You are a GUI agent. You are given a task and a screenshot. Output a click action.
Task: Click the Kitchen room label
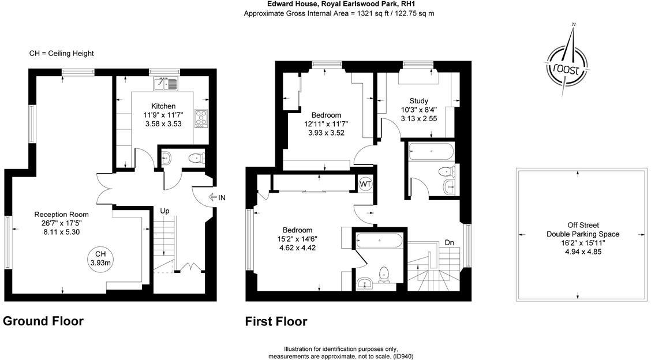point(163,106)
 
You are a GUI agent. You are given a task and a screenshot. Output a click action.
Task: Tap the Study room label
point(418,100)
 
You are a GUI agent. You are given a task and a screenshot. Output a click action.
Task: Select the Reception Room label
point(61,214)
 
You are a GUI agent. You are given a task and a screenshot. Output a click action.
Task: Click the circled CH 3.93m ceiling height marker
point(100,258)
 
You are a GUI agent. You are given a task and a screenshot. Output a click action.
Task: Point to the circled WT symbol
point(365,183)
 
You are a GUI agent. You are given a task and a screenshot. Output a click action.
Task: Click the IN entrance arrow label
point(217,198)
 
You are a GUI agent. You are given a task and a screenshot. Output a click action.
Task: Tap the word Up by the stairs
point(165,211)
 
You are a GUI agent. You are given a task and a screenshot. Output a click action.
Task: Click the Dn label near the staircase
point(449,242)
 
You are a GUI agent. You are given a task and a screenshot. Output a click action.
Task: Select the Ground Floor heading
point(43,321)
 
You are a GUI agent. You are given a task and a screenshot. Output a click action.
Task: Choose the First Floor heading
point(276,321)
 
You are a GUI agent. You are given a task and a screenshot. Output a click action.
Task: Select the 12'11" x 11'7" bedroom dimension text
point(326,123)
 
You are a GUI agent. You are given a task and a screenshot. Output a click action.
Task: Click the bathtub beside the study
point(431,152)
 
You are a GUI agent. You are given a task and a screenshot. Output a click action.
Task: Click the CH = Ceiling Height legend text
point(61,53)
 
